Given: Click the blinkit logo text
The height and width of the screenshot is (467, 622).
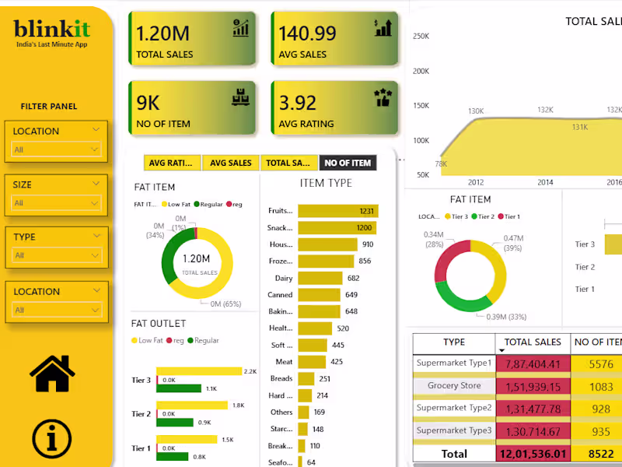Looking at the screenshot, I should click(x=52, y=30).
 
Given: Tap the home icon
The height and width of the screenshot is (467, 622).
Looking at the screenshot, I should click(x=52, y=373).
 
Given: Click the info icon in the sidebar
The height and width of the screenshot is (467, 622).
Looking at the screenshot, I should click(x=52, y=438).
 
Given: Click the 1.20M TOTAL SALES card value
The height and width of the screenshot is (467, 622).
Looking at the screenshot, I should click(x=163, y=33).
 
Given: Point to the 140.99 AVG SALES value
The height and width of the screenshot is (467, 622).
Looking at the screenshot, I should click(x=308, y=33).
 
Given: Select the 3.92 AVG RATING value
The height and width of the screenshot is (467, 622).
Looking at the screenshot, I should click(x=298, y=103).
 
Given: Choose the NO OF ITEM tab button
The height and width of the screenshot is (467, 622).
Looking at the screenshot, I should click(x=348, y=163).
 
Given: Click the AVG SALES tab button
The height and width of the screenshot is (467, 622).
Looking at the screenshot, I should click(x=231, y=163).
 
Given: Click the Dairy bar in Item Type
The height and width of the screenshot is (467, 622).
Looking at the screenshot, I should click(x=320, y=278).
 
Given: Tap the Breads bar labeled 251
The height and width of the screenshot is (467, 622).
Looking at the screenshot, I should click(x=306, y=378).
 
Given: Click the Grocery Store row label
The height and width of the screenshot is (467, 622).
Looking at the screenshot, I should click(x=453, y=385).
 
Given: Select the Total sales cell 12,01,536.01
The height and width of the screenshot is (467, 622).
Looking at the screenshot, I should click(x=533, y=454).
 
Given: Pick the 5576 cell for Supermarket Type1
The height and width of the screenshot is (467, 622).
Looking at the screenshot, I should click(x=601, y=363).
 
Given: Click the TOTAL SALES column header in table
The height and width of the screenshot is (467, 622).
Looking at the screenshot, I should click(x=533, y=342).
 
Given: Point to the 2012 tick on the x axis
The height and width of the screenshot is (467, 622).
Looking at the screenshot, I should click(x=475, y=181).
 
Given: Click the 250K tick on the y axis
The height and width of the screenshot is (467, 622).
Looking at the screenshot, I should click(x=421, y=36).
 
